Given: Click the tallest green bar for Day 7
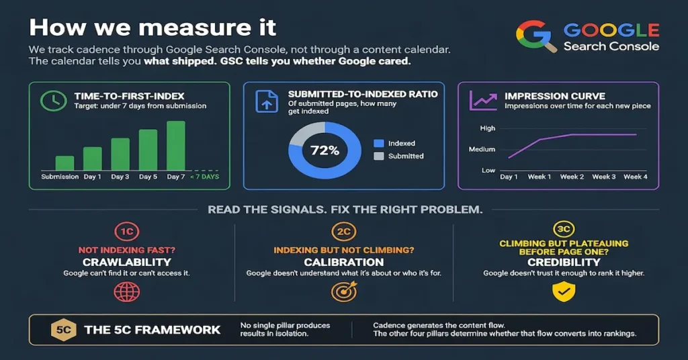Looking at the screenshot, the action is pyautogui.click(x=176, y=146).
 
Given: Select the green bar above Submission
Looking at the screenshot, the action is pyautogui.click(x=64, y=163).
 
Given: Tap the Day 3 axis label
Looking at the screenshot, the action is pyautogui.click(x=120, y=177).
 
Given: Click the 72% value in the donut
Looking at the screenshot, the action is pyautogui.click(x=325, y=150).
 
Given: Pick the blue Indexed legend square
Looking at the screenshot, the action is pyautogui.click(x=379, y=143).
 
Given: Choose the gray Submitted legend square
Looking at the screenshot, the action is pyautogui.click(x=379, y=156).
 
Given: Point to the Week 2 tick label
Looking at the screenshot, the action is pyautogui.click(x=572, y=177).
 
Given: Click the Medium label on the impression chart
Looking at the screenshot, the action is pyautogui.click(x=482, y=149).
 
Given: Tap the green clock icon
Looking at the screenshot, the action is pyautogui.click(x=54, y=101).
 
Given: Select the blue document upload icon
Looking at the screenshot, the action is pyautogui.click(x=267, y=101).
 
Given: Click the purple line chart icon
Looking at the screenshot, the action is pyautogui.click(x=483, y=101).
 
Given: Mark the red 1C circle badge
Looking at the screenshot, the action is pyautogui.click(x=127, y=232).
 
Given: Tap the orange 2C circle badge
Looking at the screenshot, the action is pyautogui.click(x=343, y=232).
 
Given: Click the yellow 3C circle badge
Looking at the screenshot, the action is pyautogui.click(x=564, y=229).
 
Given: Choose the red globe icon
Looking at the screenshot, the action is pyautogui.click(x=127, y=292).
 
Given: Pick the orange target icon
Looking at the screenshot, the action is pyautogui.click(x=344, y=292).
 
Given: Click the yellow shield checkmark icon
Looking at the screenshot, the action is pyautogui.click(x=564, y=292).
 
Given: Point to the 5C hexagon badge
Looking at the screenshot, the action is pyautogui.click(x=64, y=330).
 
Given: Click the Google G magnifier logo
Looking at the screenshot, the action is pyautogui.click(x=536, y=36).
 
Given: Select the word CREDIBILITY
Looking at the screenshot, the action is pyautogui.click(x=564, y=262).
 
